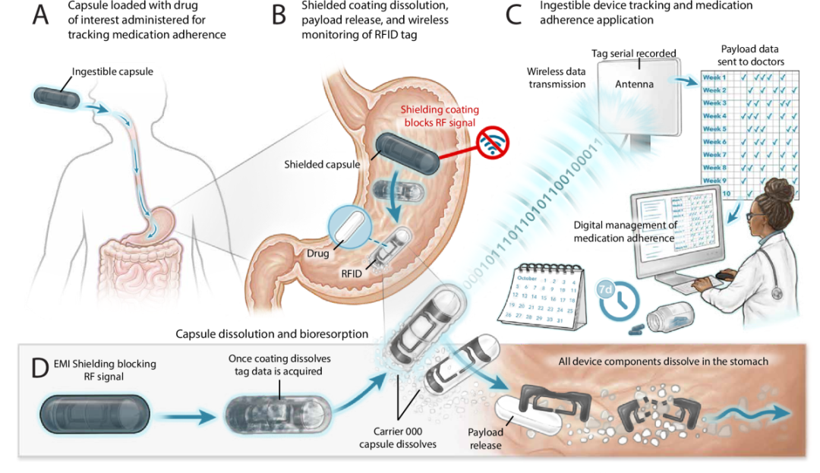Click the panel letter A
[40, 15]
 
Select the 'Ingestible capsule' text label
[112, 72]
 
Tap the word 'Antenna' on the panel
[634, 84]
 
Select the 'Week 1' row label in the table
[714, 77]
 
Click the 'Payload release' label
[485, 438]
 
